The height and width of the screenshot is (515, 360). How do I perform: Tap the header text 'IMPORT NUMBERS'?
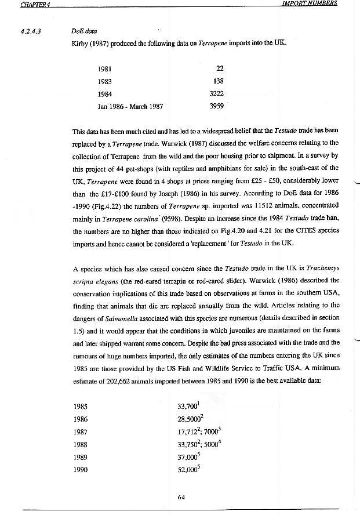click(310, 3)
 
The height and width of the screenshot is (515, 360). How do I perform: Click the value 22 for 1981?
click(219, 68)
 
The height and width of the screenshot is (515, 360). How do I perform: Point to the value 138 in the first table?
click(218, 81)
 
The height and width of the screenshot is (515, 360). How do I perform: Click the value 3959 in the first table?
click(216, 106)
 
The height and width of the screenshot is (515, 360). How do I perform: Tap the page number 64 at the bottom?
click(181, 496)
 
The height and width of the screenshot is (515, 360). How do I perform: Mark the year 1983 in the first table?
click(105, 81)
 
